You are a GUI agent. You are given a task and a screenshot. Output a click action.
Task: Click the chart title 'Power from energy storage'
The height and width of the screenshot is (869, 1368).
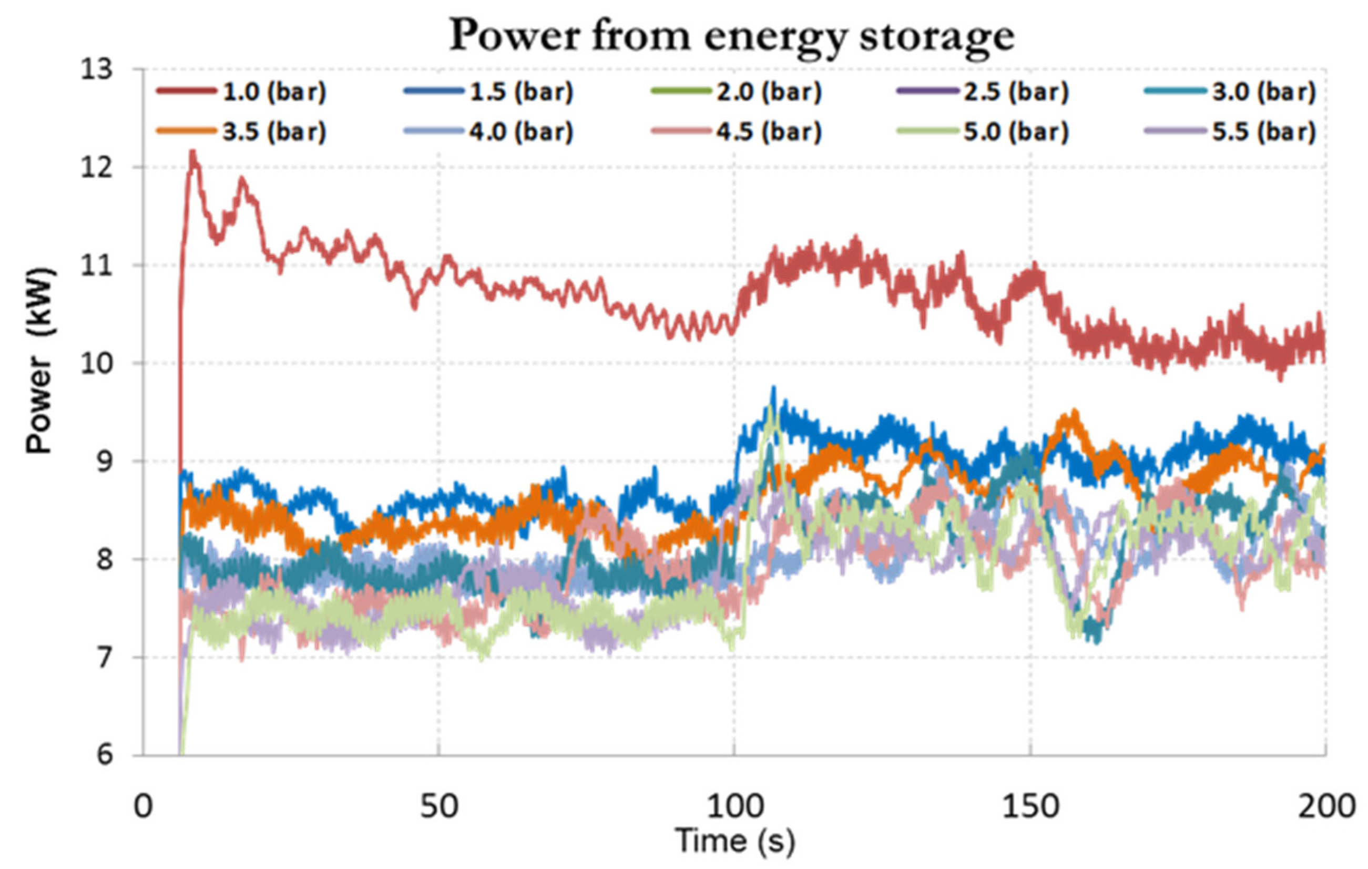point(732,35)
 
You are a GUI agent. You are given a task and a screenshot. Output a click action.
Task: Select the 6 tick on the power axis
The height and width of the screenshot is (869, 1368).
point(105,755)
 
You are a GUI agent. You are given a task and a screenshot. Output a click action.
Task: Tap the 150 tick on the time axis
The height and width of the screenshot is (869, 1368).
point(1030,806)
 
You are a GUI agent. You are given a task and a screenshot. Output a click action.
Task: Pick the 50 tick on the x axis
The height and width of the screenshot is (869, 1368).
point(438,806)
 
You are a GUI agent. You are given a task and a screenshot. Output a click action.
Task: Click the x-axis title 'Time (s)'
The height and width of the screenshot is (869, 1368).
point(734,841)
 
